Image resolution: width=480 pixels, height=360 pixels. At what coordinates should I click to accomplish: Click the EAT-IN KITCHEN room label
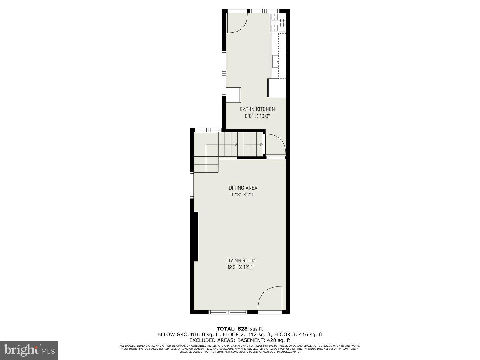click(257, 109)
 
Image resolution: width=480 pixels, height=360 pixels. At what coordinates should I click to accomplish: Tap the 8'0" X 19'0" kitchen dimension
click(257, 116)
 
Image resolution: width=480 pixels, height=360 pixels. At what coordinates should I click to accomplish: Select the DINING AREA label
click(243, 188)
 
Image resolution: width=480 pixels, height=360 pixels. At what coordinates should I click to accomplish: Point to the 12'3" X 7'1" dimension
click(243, 195)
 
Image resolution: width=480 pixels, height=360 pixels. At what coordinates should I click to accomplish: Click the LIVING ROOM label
click(241, 260)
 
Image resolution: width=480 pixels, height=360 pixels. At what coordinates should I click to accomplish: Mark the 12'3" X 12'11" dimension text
click(241, 267)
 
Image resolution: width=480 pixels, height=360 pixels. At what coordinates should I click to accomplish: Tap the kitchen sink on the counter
click(276, 61)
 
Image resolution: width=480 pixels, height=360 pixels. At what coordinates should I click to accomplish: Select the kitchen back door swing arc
click(237, 23)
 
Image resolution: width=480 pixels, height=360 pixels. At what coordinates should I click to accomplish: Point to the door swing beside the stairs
click(274, 144)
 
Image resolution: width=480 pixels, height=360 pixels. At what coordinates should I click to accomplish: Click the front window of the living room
click(228, 312)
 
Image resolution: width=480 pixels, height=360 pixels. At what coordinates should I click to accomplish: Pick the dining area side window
click(192, 185)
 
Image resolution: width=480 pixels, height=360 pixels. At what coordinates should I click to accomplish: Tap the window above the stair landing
click(208, 130)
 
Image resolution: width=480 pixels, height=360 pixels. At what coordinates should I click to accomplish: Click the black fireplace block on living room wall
click(196, 237)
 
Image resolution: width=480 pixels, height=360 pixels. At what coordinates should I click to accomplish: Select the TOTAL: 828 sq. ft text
click(240, 329)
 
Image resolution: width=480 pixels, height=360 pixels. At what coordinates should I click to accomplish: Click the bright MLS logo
click(29, 350)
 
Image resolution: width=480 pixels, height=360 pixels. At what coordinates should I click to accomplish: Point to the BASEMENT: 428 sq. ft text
click(264, 340)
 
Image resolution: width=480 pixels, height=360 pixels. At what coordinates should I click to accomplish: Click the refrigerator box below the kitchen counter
click(277, 88)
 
